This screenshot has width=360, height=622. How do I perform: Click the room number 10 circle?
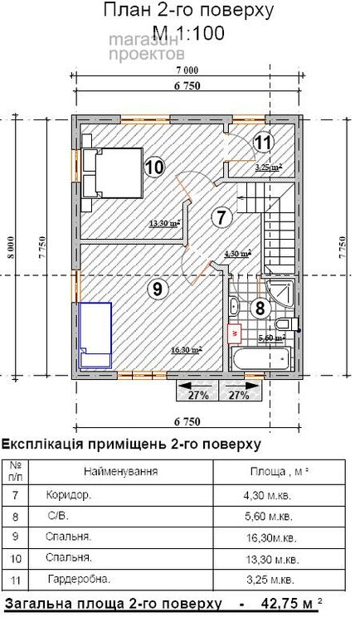[153, 167]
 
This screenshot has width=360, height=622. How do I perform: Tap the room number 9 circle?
[156, 289]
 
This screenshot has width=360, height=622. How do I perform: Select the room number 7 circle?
[220, 218]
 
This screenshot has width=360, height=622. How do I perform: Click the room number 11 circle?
[262, 142]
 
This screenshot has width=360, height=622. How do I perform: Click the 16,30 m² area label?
[187, 350]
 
